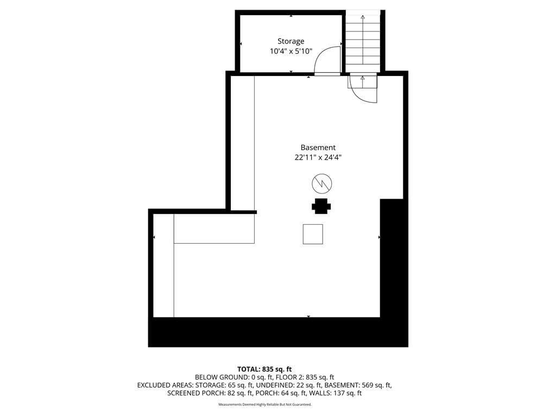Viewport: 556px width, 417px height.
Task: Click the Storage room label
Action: pos(291,41)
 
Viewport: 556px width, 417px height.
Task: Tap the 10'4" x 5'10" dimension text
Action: pos(291,51)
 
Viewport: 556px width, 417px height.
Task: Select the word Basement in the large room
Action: pos(318,148)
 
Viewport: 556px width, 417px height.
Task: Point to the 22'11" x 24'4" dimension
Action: pos(318,157)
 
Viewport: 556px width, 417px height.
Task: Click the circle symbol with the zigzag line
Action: pos(321,184)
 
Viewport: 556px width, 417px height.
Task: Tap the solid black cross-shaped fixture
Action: pos(321,206)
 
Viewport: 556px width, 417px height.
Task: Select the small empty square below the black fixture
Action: pos(313,234)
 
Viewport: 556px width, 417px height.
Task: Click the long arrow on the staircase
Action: pos(362,39)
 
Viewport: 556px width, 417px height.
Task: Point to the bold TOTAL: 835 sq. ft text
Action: pos(264,369)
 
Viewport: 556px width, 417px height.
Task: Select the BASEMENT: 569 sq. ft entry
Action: pos(358,385)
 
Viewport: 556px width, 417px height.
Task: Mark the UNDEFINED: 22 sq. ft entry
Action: pos(289,385)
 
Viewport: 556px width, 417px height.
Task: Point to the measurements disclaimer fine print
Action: pos(265,405)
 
